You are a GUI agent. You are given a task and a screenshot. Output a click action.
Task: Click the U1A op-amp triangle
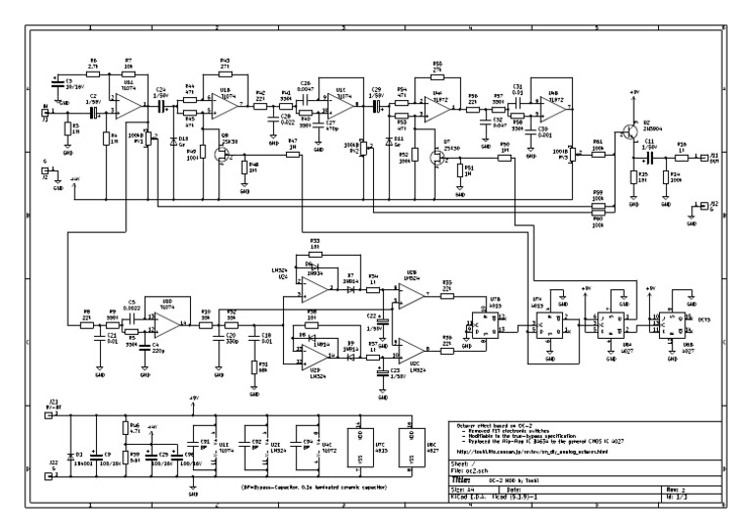(x=126, y=104)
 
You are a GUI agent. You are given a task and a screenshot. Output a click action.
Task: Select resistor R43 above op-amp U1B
(x=224, y=70)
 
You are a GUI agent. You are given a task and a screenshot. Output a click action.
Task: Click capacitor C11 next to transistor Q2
(x=649, y=155)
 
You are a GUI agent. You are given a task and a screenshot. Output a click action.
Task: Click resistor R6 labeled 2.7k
(x=94, y=72)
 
